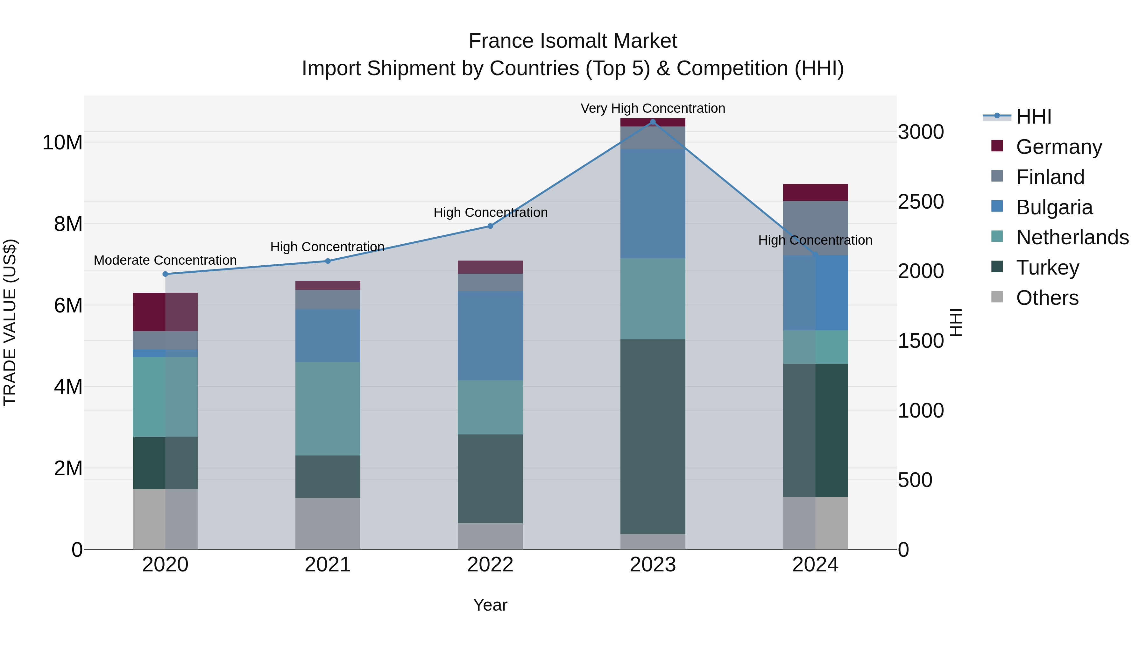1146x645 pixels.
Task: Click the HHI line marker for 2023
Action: [653, 122]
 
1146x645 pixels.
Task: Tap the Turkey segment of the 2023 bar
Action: [653, 436]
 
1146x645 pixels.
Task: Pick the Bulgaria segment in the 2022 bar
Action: [490, 336]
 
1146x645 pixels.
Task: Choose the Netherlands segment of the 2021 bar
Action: [328, 408]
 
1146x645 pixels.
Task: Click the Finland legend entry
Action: [1050, 177]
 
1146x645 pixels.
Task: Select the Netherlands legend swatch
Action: [997, 236]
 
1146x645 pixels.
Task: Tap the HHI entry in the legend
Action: [1033, 117]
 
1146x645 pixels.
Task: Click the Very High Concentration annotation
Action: [653, 109]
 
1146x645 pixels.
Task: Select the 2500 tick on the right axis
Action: [920, 202]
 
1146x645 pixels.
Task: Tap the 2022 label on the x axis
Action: [490, 565]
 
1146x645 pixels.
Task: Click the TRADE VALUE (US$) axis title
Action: [10, 322]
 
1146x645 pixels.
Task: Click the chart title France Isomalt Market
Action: [573, 41]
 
